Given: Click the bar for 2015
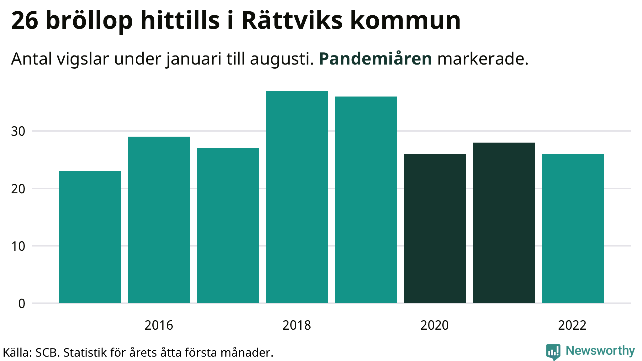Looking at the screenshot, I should pyautogui.click(x=90, y=237).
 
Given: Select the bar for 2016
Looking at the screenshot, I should pyautogui.click(x=159, y=220).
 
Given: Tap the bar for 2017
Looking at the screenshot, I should pyautogui.click(x=228, y=226).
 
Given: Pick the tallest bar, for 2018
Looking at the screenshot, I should pyautogui.click(x=297, y=197).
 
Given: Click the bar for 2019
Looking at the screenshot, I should pyautogui.click(x=366, y=200).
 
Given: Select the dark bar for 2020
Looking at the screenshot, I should pyautogui.click(x=435, y=228).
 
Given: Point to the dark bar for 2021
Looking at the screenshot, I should pyautogui.click(x=504, y=223).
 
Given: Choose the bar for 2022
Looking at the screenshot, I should pyautogui.click(x=573, y=228).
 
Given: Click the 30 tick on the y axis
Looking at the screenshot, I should pyautogui.click(x=18, y=131).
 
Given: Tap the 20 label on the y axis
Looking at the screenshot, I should pyautogui.click(x=18, y=189).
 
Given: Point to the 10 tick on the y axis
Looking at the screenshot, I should pyautogui.click(x=18, y=246).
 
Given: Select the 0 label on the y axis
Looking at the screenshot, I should pyautogui.click(x=22, y=304).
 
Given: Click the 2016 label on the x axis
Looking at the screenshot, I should pyautogui.click(x=159, y=325).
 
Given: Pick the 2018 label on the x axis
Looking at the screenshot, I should pyautogui.click(x=297, y=325).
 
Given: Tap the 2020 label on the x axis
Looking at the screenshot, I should pyautogui.click(x=434, y=325).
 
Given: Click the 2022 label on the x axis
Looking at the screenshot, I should pyautogui.click(x=572, y=325).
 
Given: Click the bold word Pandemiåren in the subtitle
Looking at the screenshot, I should pyautogui.click(x=376, y=59).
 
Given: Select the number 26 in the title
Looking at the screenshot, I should pyautogui.click(x=25, y=21).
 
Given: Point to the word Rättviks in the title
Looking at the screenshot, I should pyautogui.click(x=292, y=21).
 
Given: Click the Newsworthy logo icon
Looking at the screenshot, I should pyautogui.click(x=553, y=352).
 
